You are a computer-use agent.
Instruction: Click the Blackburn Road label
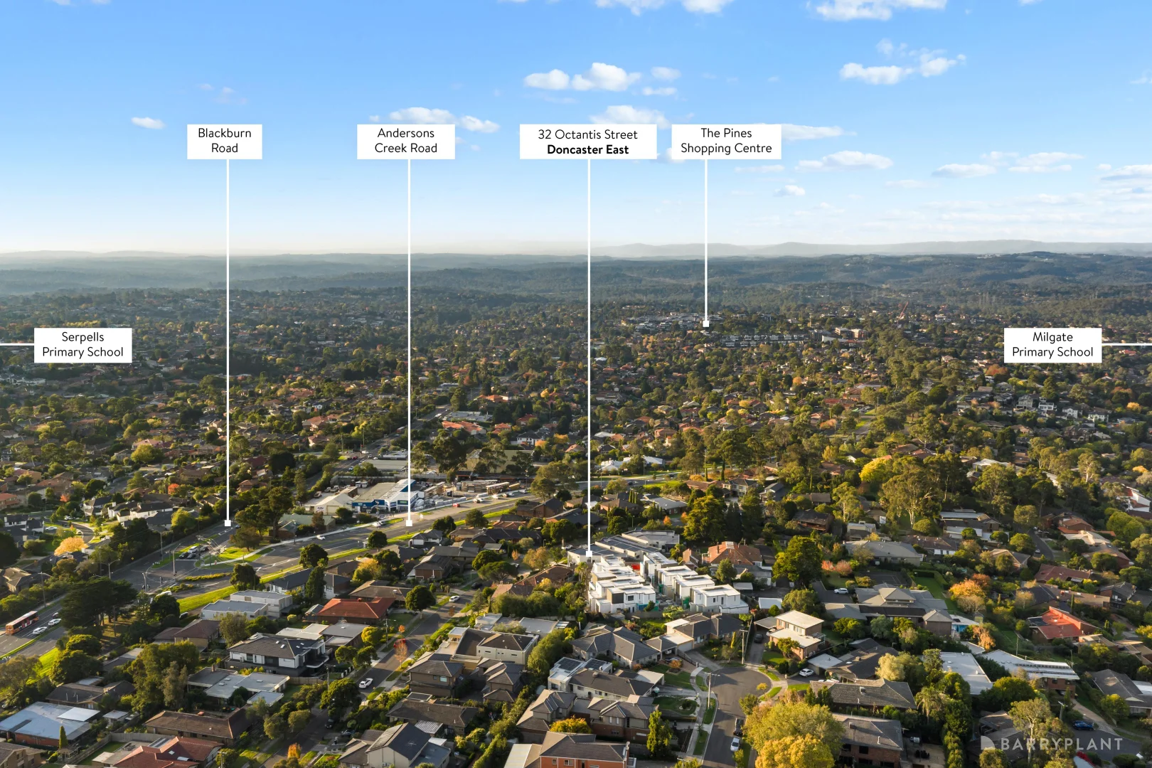click(x=224, y=141)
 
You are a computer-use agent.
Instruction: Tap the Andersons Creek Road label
click(x=406, y=141)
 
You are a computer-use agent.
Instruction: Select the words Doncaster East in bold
click(x=588, y=150)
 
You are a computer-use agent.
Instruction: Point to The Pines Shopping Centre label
click(x=726, y=141)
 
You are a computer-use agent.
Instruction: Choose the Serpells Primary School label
click(x=82, y=345)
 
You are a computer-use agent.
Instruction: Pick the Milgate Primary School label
click(x=1052, y=345)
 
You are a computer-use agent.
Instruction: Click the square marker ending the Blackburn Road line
click(x=228, y=523)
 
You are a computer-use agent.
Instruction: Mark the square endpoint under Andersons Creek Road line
click(x=409, y=523)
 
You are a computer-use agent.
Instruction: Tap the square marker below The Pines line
click(x=705, y=324)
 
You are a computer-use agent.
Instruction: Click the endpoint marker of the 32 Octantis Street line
click(x=589, y=554)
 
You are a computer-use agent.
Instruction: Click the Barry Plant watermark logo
click(x=1052, y=744)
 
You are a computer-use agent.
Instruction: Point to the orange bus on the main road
click(x=21, y=622)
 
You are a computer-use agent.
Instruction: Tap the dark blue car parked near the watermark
click(x=1082, y=725)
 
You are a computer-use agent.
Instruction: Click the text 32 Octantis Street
click(x=588, y=134)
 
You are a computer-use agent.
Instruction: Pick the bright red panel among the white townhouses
click(x=636, y=567)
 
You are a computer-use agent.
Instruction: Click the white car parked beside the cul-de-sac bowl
click(x=806, y=672)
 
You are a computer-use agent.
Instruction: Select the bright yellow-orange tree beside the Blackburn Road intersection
click(x=70, y=546)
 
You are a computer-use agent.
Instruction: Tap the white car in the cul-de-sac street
click(x=735, y=744)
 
